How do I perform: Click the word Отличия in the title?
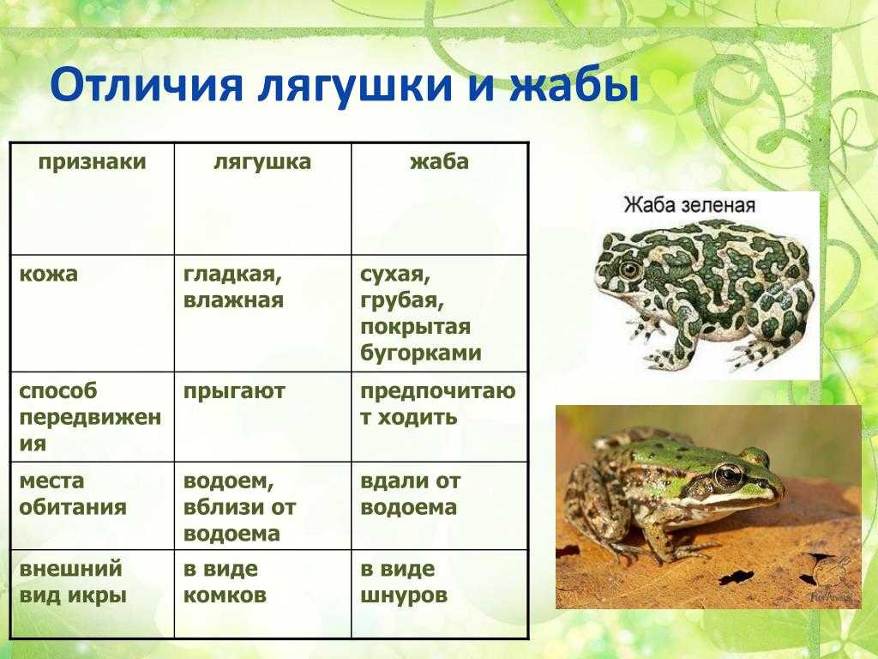[147, 85]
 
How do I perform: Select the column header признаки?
[93, 161]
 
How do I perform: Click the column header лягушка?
[262, 161]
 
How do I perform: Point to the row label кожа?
[48, 274]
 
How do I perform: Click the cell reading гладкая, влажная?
[233, 287]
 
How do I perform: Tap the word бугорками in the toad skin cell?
[421, 353]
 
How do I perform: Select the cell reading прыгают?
[234, 391]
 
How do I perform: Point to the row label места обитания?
[73, 493]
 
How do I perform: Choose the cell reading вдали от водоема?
[410, 493]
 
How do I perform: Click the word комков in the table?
[225, 595]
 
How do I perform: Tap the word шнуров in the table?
[404, 596]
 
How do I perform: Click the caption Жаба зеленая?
[690, 205]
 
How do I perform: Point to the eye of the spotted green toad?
[630, 270]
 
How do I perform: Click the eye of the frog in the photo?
[729, 475]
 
